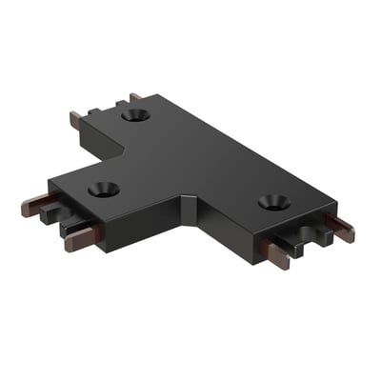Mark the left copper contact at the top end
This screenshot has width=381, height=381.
(76, 121)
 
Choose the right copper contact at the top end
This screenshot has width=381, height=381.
(134, 96)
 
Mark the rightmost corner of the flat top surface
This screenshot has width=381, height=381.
(336, 204)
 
